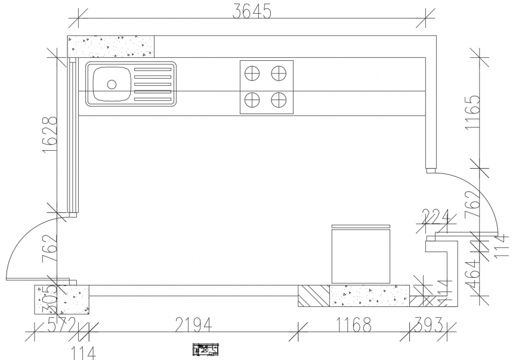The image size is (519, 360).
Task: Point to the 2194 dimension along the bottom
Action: click(x=193, y=325)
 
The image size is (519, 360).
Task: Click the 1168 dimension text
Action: click(x=353, y=325)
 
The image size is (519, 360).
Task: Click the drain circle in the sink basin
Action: click(x=112, y=84)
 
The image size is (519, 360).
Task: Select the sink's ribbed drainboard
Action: click(x=154, y=84)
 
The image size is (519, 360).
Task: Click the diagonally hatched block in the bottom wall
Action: click(x=314, y=296)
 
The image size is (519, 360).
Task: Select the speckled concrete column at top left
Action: click(x=111, y=46)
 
